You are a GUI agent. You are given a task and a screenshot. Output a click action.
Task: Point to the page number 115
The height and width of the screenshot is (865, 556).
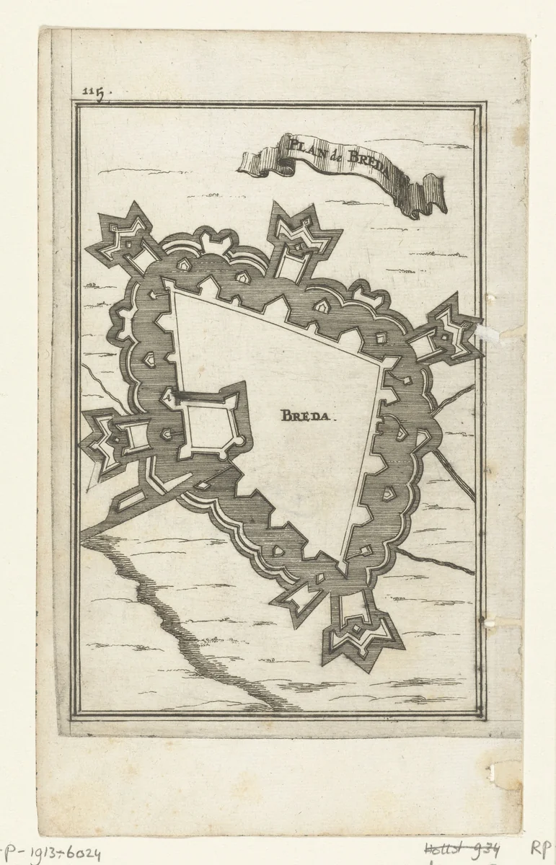[x=93, y=91]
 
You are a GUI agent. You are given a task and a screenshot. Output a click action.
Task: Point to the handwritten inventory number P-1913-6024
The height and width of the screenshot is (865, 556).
[x=50, y=854]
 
